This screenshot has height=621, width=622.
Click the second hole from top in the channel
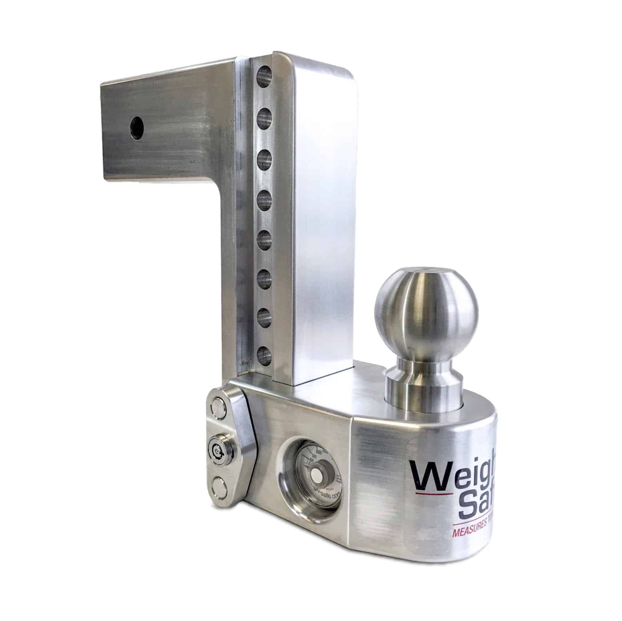(265, 117)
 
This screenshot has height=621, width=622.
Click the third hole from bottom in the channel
(265, 279)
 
